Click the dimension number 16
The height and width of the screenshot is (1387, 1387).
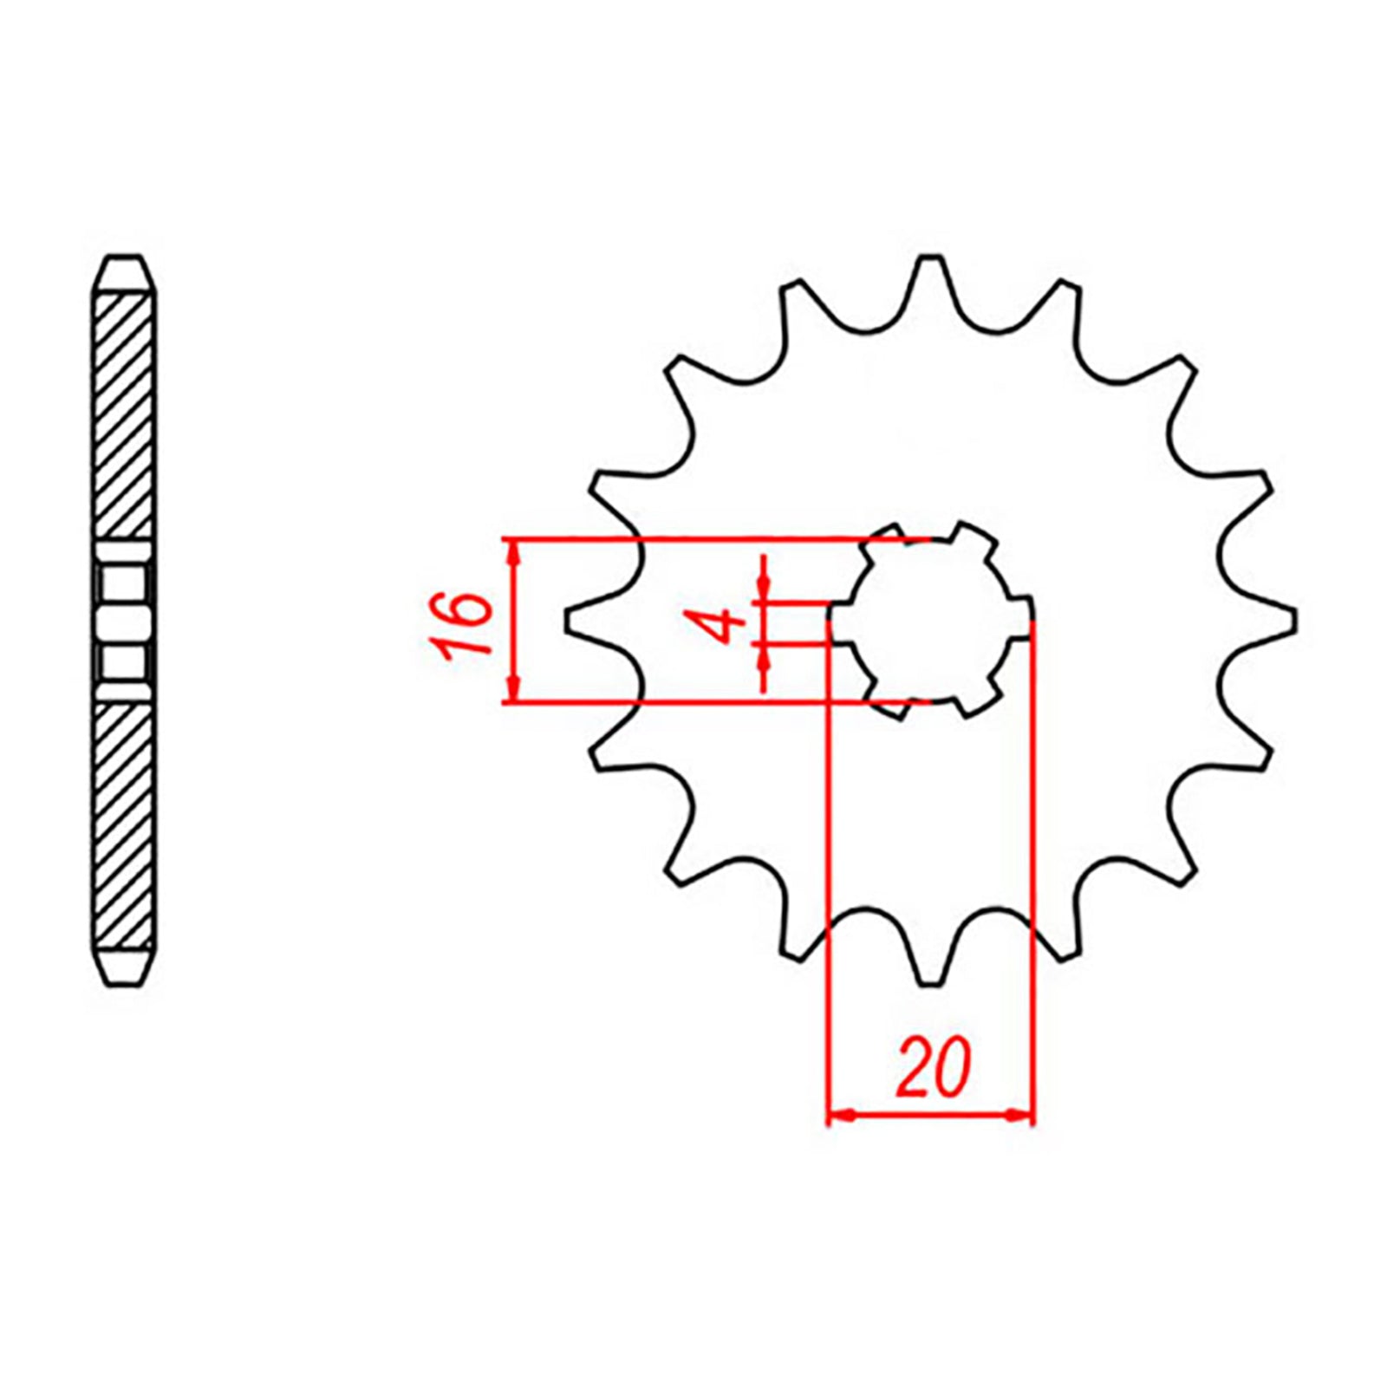point(466,626)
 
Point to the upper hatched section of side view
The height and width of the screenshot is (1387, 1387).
point(123,416)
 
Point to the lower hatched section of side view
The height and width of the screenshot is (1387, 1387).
point(123,824)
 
